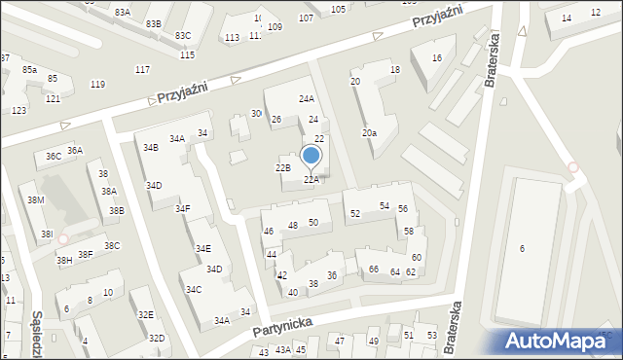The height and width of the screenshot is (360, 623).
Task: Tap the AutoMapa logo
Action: [560, 341]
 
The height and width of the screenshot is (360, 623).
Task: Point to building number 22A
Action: [311, 179]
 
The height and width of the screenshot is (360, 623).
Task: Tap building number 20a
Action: [369, 133]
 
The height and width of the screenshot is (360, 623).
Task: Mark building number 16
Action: [437, 58]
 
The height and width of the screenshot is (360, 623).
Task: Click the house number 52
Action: [355, 213]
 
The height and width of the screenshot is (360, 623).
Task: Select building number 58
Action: [410, 231]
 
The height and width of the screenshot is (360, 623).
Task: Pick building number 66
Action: [373, 269]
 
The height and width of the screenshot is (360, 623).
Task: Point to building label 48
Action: [292, 225]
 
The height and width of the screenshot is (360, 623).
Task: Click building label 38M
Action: [36, 199]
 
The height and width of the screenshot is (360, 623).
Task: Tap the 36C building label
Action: [54, 156]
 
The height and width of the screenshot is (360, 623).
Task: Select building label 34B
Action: [150, 148]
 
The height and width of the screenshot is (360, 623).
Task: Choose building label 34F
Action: [183, 208]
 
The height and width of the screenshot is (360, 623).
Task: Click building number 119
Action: [97, 85]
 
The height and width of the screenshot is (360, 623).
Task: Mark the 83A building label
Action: [122, 12]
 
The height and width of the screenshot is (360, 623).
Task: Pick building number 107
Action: [306, 18]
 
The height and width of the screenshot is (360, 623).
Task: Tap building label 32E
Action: [145, 314]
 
